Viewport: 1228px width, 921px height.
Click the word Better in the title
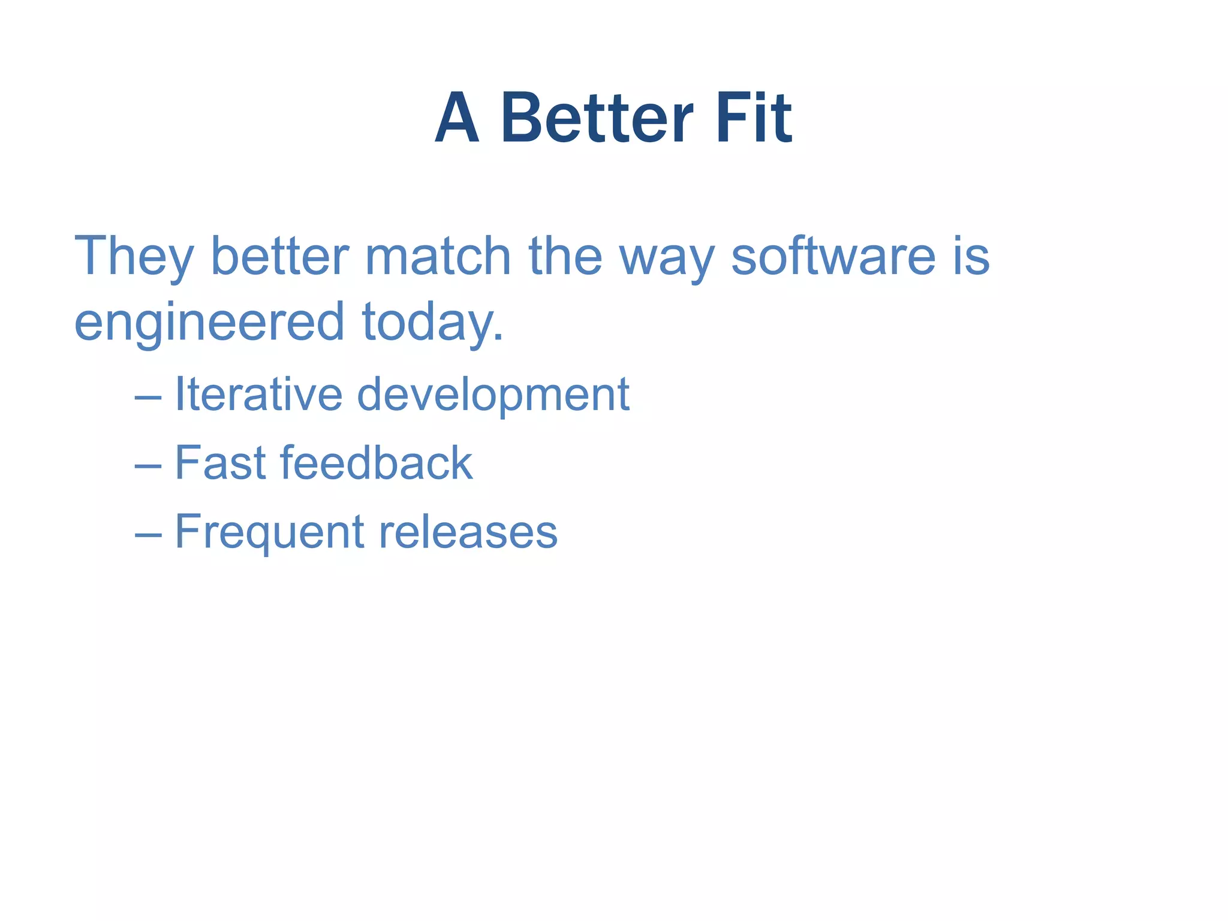(x=597, y=118)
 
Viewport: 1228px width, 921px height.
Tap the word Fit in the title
(x=754, y=118)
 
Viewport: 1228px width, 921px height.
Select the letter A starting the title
(x=457, y=118)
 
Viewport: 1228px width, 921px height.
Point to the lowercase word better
(x=279, y=257)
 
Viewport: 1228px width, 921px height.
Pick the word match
(x=438, y=257)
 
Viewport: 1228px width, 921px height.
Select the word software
(x=833, y=257)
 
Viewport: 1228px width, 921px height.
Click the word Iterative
(x=258, y=395)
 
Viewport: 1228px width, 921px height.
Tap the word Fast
(x=220, y=463)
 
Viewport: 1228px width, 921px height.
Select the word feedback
(x=376, y=463)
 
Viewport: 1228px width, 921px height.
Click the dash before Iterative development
(x=148, y=398)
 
